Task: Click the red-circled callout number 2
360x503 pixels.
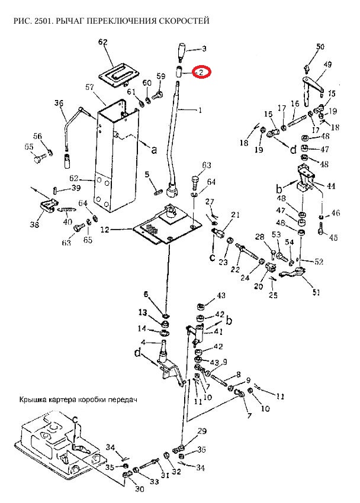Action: (x=201, y=72)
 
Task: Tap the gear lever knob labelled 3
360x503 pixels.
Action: (x=180, y=51)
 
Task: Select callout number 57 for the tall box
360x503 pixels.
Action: (x=90, y=87)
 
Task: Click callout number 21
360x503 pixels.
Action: (x=235, y=214)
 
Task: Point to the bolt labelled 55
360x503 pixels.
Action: (x=40, y=158)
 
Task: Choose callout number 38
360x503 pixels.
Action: (x=34, y=225)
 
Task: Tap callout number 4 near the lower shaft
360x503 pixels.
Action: (x=143, y=342)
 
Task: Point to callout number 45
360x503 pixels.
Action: (x=333, y=238)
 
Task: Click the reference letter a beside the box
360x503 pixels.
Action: (x=155, y=150)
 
